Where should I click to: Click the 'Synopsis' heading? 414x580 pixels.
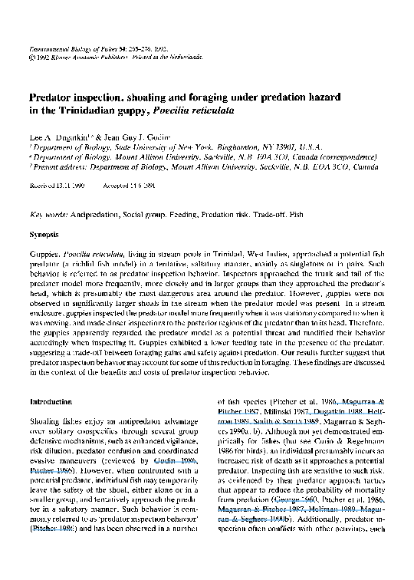[44, 231]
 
